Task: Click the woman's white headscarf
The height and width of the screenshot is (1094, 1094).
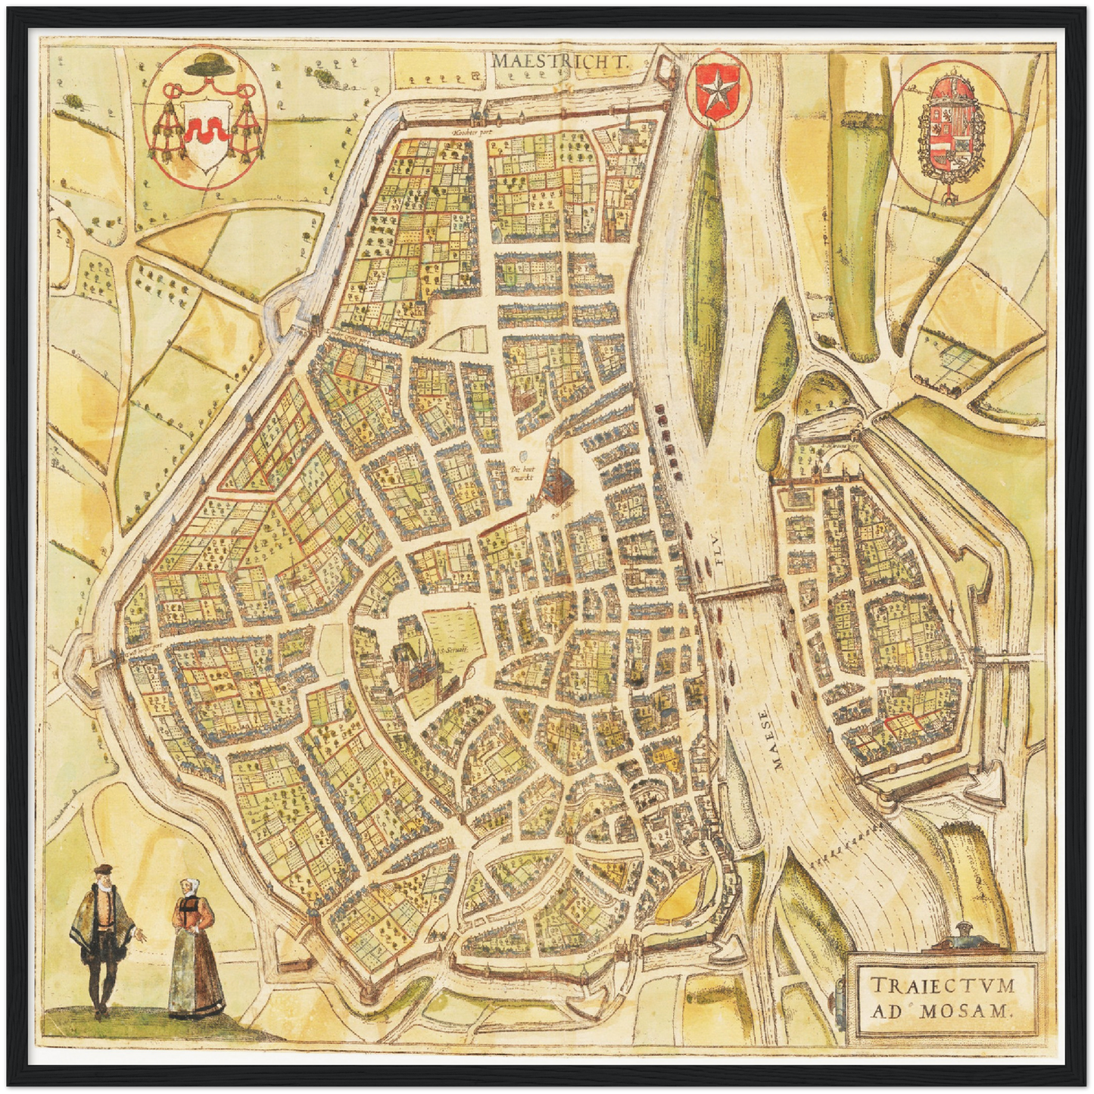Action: coord(187,884)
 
